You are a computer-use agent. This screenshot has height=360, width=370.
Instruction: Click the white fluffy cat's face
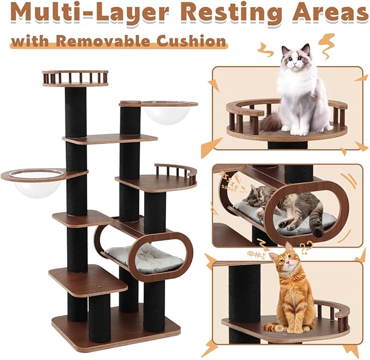click(296, 58)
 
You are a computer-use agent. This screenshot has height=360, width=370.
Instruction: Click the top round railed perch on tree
click(75, 78)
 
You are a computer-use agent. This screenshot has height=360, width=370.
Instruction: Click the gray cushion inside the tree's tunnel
click(144, 257)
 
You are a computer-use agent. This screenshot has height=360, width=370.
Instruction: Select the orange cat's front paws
click(282, 327)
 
